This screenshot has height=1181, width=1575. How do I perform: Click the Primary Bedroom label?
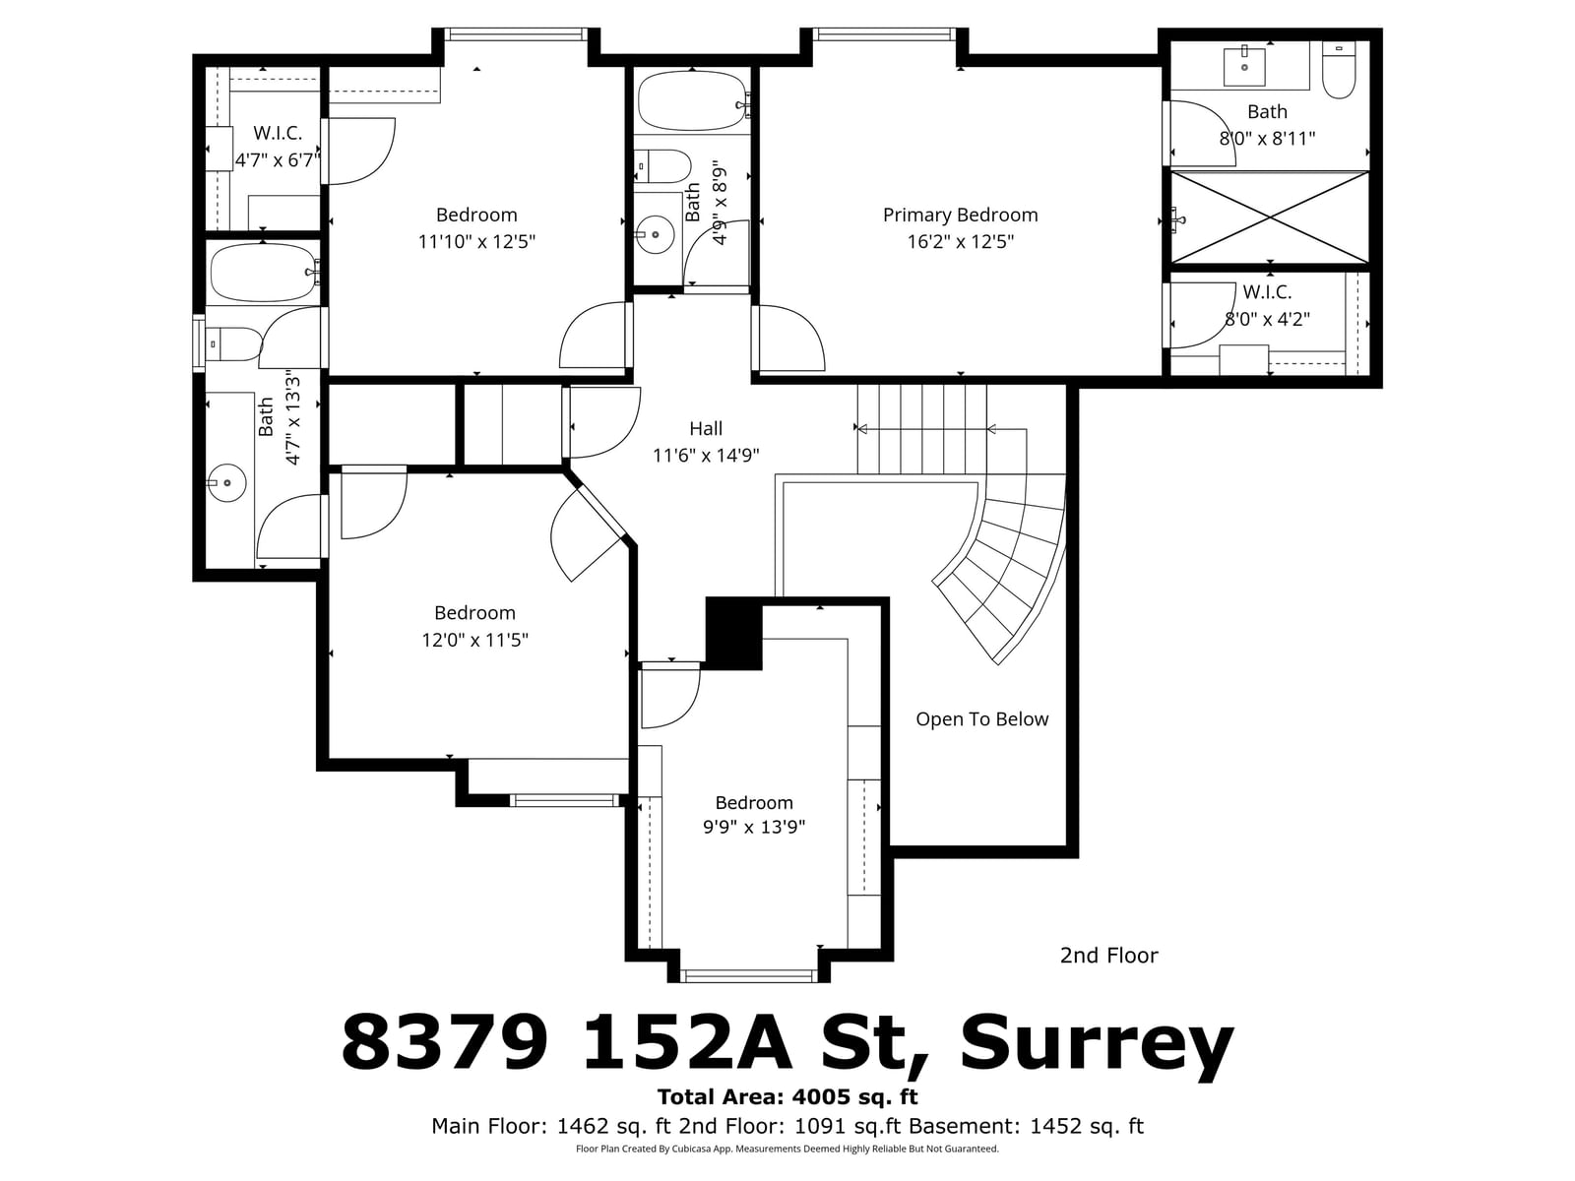pos(960,216)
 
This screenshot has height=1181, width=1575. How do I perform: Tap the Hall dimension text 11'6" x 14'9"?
pos(706,456)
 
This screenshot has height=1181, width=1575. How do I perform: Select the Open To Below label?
pos(981,718)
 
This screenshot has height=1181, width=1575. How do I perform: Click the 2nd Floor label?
pos(1108,955)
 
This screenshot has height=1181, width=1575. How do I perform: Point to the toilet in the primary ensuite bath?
pos(1338,70)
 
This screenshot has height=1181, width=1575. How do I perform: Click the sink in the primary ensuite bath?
pos(1244,66)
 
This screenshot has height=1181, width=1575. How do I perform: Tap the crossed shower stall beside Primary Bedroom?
pos(1269,218)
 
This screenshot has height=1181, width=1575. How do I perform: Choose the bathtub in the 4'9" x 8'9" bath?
pos(692,101)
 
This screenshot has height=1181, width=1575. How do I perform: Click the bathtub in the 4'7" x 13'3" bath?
pos(264,274)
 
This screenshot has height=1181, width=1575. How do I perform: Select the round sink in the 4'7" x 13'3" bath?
pos(227,482)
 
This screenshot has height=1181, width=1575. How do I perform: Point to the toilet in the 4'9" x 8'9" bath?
pos(663,165)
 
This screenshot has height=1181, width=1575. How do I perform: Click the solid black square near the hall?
pos(733,634)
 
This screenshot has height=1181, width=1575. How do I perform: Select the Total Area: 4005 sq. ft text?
pos(787,1097)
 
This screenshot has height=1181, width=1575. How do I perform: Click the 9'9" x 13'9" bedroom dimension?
pos(753,827)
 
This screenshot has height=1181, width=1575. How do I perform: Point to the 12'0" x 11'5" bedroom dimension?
pos(474,640)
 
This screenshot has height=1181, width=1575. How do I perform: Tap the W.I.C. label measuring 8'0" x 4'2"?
pos(1267,292)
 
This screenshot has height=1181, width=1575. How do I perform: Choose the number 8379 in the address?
pos(445,1042)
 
